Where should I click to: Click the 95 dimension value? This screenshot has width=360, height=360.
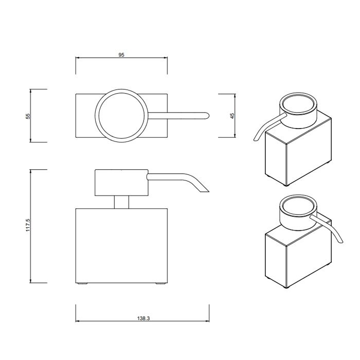click(x=121, y=55)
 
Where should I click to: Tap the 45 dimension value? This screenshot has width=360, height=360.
click(x=232, y=116)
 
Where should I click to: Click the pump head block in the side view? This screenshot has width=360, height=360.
click(x=121, y=182)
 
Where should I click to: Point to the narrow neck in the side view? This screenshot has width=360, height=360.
click(x=121, y=202)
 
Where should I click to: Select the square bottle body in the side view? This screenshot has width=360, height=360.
click(x=121, y=245)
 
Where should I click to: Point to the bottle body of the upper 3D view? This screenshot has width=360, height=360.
click(x=288, y=157)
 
